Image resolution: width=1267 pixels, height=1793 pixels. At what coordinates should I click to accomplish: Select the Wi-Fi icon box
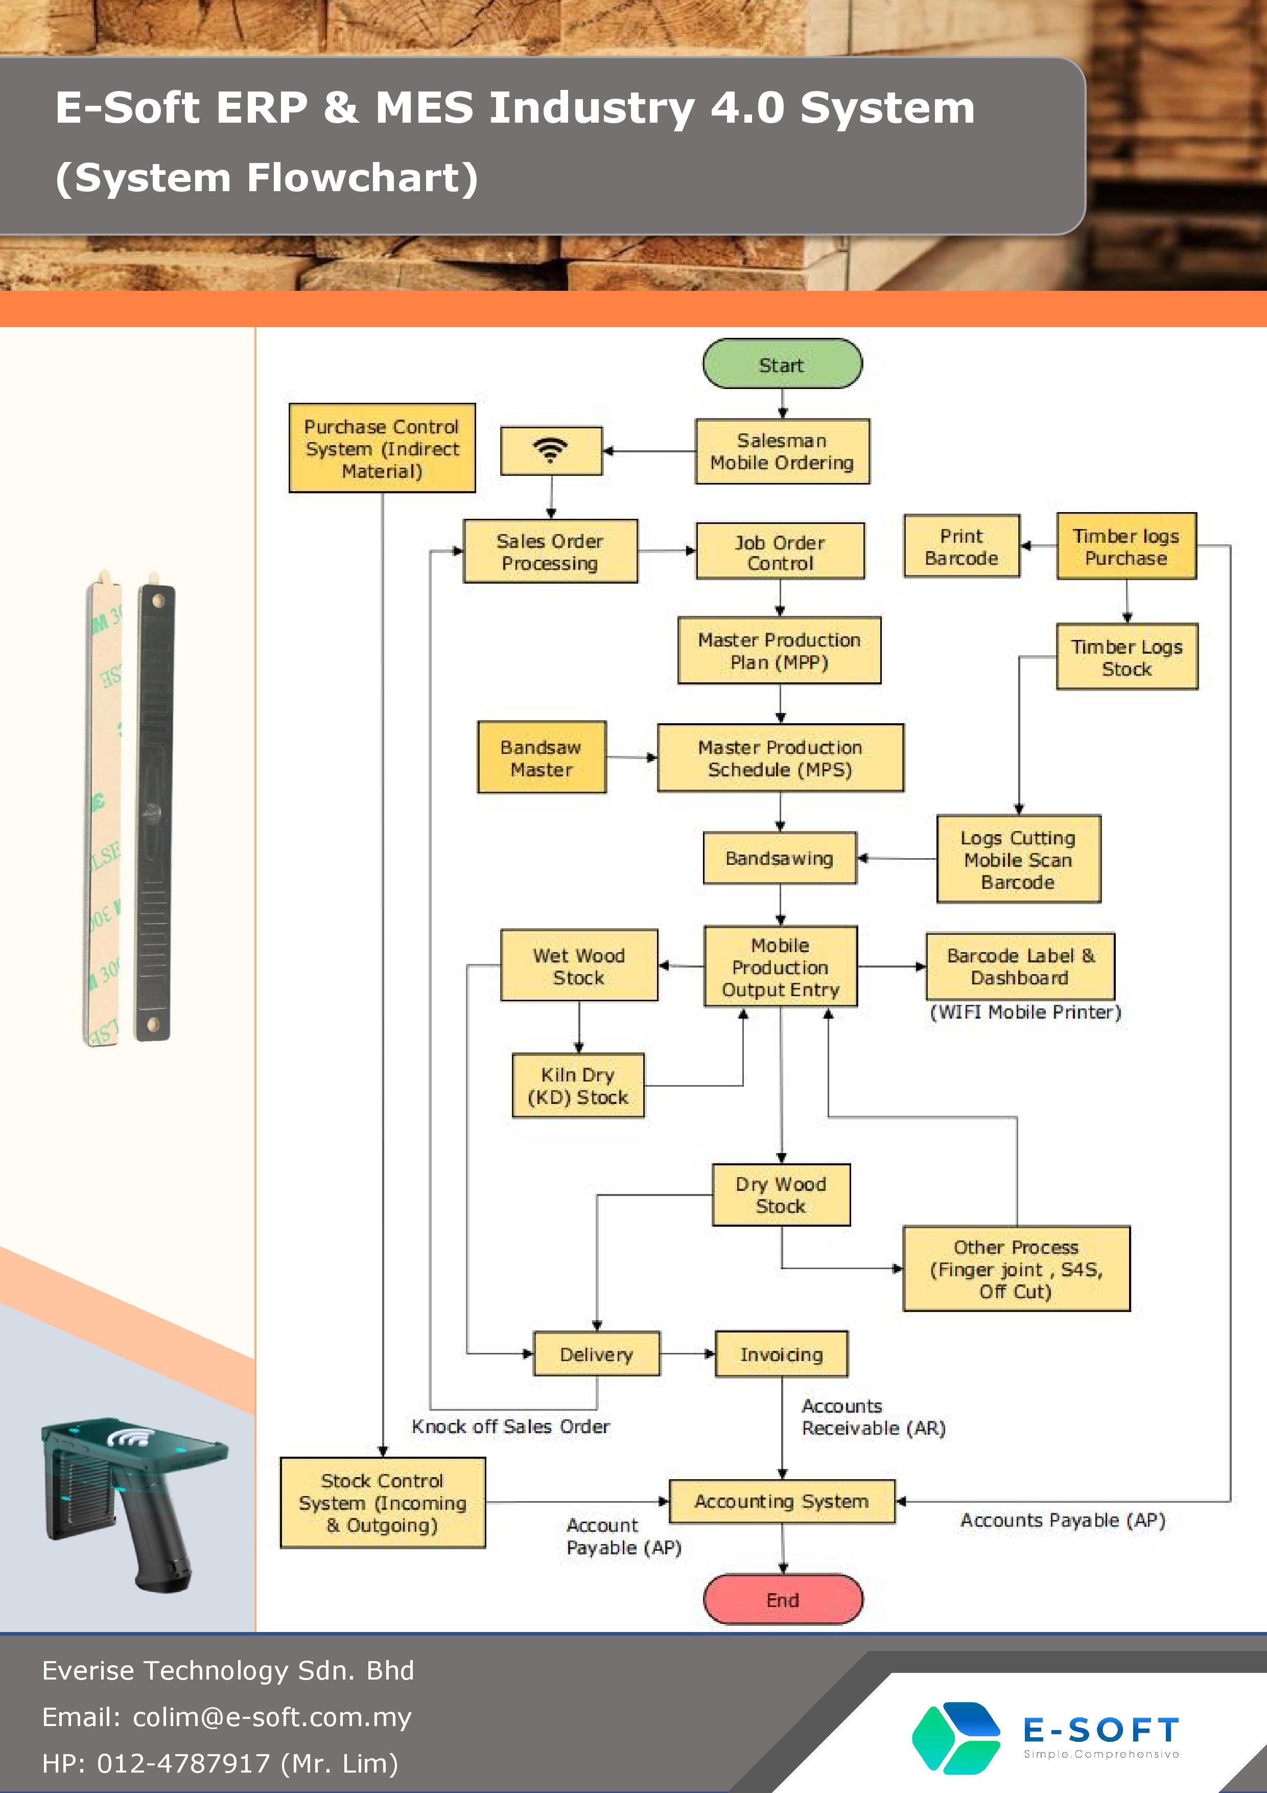(x=551, y=451)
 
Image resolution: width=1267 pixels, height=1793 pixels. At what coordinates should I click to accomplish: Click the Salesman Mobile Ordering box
(x=782, y=451)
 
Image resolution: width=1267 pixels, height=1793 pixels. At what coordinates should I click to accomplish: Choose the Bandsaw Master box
(x=542, y=757)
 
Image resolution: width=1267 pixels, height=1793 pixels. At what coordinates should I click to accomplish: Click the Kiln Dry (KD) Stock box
(x=578, y=1086)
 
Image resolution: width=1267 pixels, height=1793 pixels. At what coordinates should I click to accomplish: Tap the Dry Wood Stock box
(x=781, y=1195)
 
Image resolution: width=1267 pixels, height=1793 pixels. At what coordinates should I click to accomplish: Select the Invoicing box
(x=782, y=1354)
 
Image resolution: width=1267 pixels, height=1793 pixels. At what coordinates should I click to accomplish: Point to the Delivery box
(x=596, y=1354)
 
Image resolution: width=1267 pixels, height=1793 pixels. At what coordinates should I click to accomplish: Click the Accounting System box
(x=782, y=1501)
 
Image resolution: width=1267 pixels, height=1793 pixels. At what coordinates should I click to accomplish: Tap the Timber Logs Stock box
(x=1127, y=657)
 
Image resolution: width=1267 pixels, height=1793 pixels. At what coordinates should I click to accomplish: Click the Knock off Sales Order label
(x=510, y=1427)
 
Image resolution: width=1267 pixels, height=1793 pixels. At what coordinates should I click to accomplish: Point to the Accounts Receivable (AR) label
(x=874, y=1417)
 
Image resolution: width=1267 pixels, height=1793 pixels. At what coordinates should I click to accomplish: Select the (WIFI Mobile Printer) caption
(x=1025, y=1012)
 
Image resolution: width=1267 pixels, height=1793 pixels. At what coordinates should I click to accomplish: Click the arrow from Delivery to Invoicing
(x=688, y=1354)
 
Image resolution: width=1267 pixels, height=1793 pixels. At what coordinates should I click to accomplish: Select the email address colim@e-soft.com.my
(x=272, y=1717)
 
